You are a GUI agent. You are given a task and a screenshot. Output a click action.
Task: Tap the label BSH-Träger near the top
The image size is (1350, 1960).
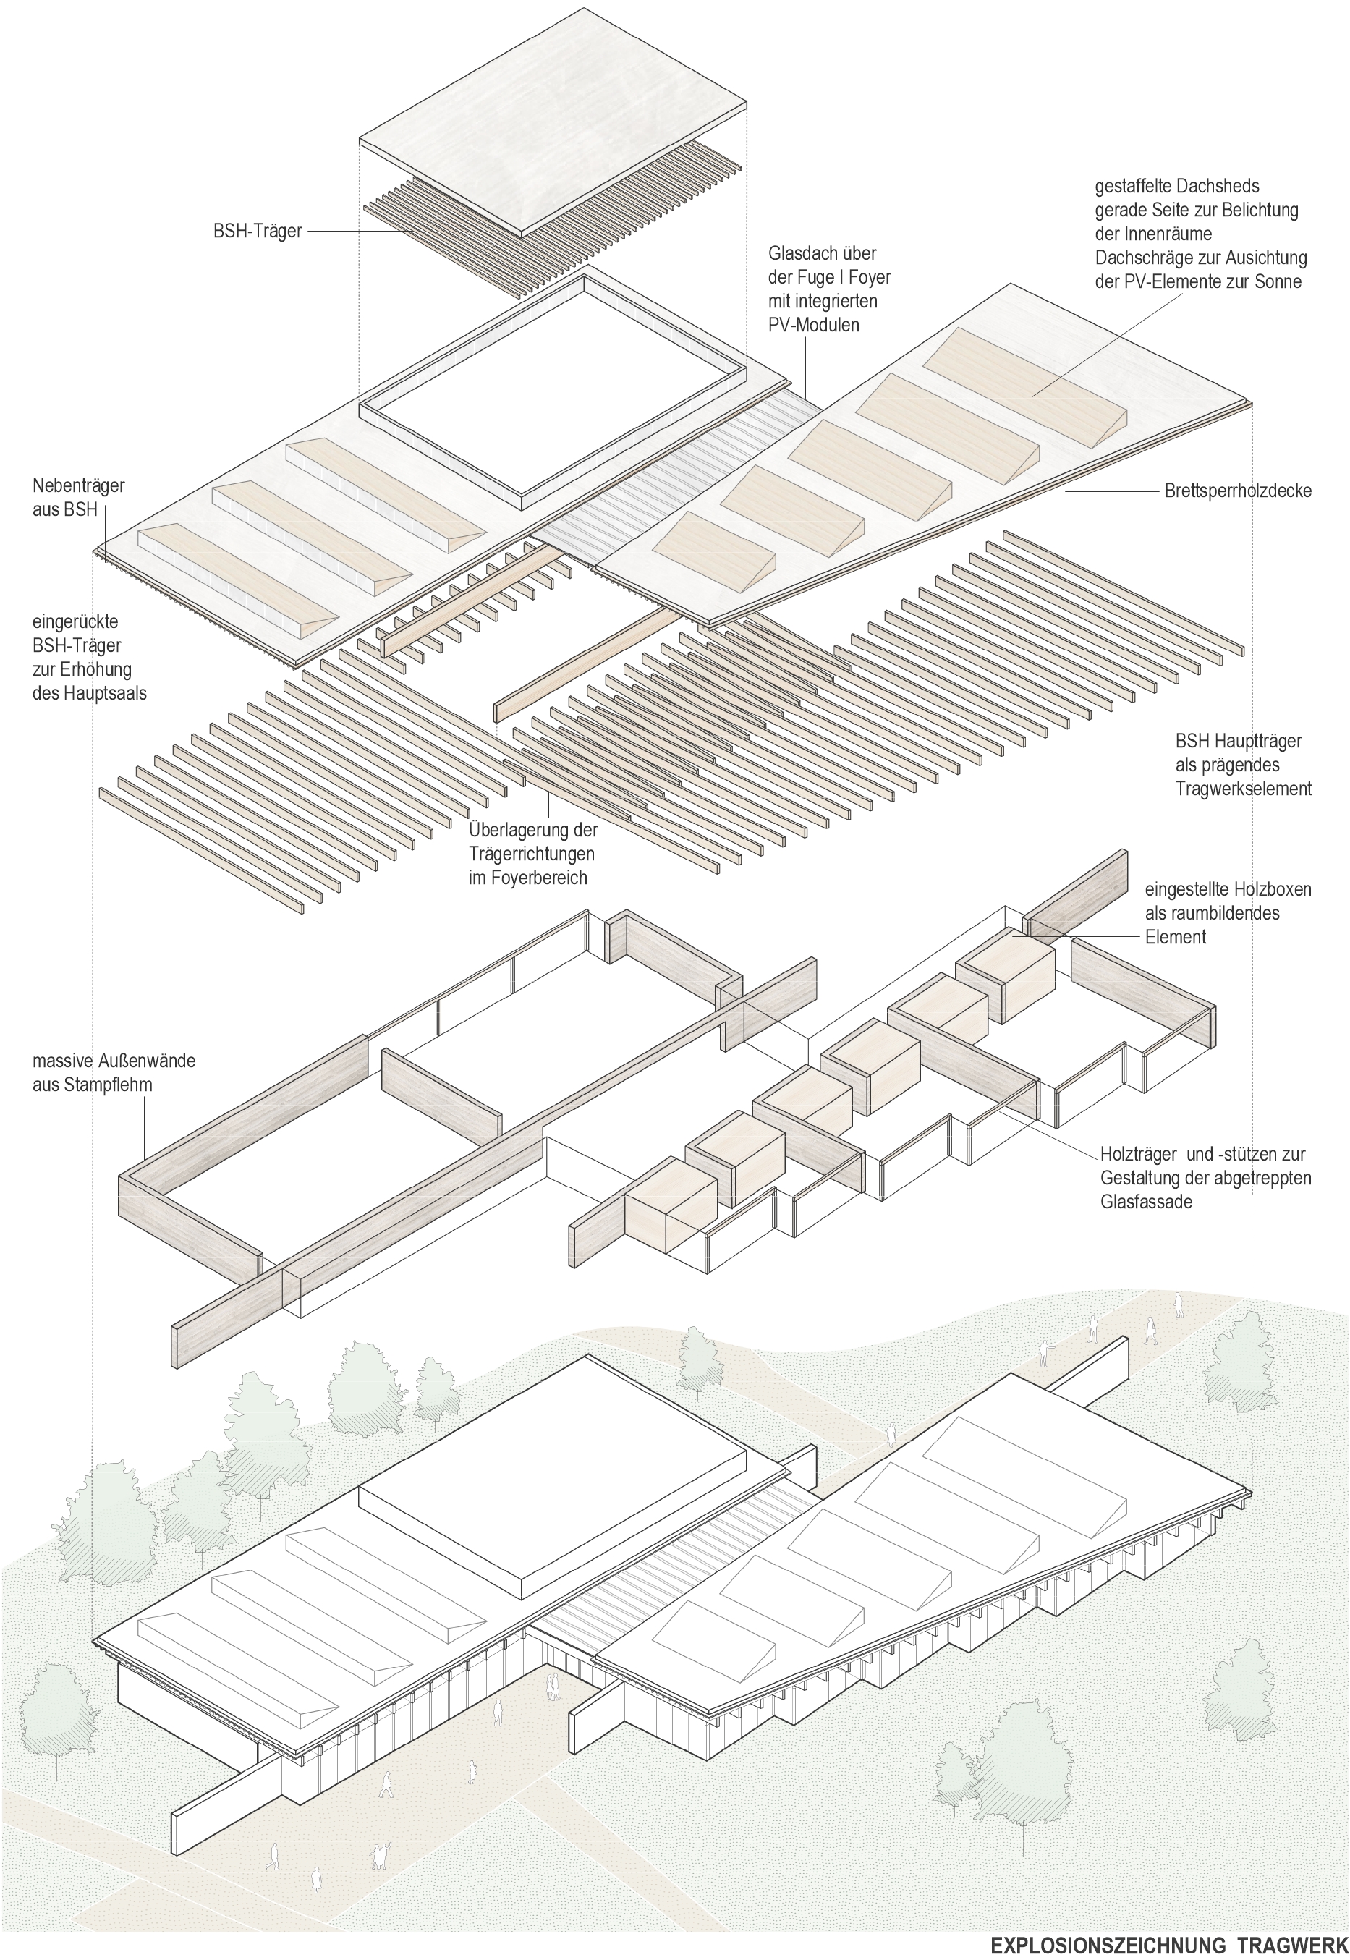tap(257, 231)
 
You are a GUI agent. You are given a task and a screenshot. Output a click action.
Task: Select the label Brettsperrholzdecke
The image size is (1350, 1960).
tap(1237, 490)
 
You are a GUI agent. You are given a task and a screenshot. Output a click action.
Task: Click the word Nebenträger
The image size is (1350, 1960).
tap(79, 485)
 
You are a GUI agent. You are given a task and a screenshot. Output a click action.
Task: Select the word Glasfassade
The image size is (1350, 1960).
tap(1146, 1201)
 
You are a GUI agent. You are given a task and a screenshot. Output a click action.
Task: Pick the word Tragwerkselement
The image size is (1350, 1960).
tap(1244, 789)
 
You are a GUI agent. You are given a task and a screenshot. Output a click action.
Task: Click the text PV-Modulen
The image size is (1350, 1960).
tap(813, 325)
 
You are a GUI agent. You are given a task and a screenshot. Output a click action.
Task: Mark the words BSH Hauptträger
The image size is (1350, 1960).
tap(1239, 741)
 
